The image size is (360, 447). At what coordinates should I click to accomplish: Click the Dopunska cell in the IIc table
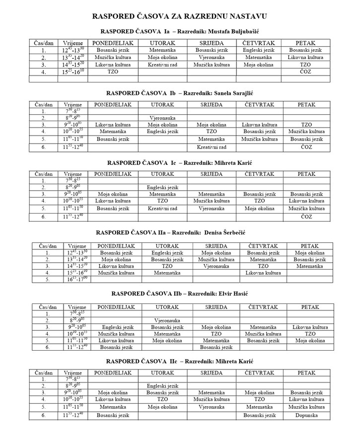pyautogui.click(x=306, y=415)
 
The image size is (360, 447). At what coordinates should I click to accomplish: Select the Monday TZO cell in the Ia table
pyautogui.click(x=113, y=72)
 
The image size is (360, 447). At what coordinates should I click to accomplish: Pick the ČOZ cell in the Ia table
pyautogui.click(x=305, y=72)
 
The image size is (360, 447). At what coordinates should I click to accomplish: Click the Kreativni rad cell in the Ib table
pyautogui.click(x=212, y=148)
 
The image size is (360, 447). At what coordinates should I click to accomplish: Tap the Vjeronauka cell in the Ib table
pyautogui.click(x=162, y=118)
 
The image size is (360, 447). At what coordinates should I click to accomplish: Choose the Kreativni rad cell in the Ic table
pyautogui.click(x=162, y=209)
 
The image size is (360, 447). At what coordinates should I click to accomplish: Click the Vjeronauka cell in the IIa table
pyautogui.click(x=216, y=266)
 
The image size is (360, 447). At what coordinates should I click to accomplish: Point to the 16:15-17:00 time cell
pyautogui.click(x=76, y=280)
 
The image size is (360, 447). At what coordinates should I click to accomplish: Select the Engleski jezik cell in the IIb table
pyautogui.click(x=117, y=327)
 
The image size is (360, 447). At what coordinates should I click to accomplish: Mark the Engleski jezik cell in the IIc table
pyautogui.click(x=162, y=386)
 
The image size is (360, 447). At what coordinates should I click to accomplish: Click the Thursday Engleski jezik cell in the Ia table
pyautogui.click(x=259, y=51)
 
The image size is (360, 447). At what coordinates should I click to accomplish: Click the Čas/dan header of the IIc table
pyautogui.click(x=44, y=372)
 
